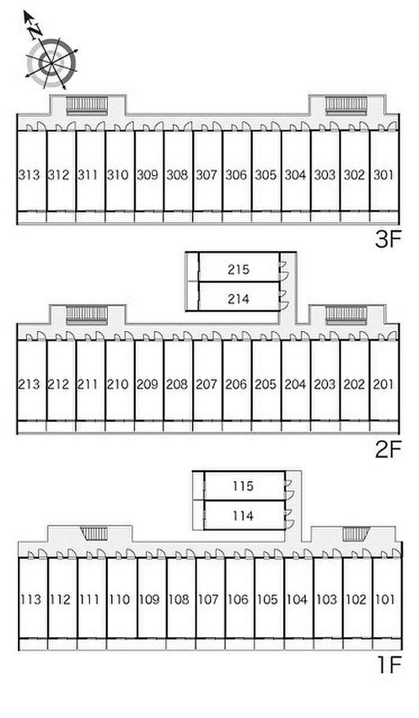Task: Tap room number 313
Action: click(29, 175)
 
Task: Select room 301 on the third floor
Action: click(384, 175)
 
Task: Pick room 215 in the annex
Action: click(238, 270)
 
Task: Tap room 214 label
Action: click(238, 299)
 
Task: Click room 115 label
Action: click(243, 486)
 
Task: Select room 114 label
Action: click(243, 516)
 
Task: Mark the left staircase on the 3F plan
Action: click(87, 106)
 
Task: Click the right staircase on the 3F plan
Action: click(346, 106)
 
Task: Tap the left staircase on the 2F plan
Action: click(87, 316)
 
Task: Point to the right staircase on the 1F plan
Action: click(356, 534)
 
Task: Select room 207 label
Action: click(207, 384)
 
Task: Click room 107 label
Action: click(208, 599)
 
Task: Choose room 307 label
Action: click(207, 175)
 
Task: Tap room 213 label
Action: click(29, 384)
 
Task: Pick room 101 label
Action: click(385, 599)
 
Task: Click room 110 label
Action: click(119, 599)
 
